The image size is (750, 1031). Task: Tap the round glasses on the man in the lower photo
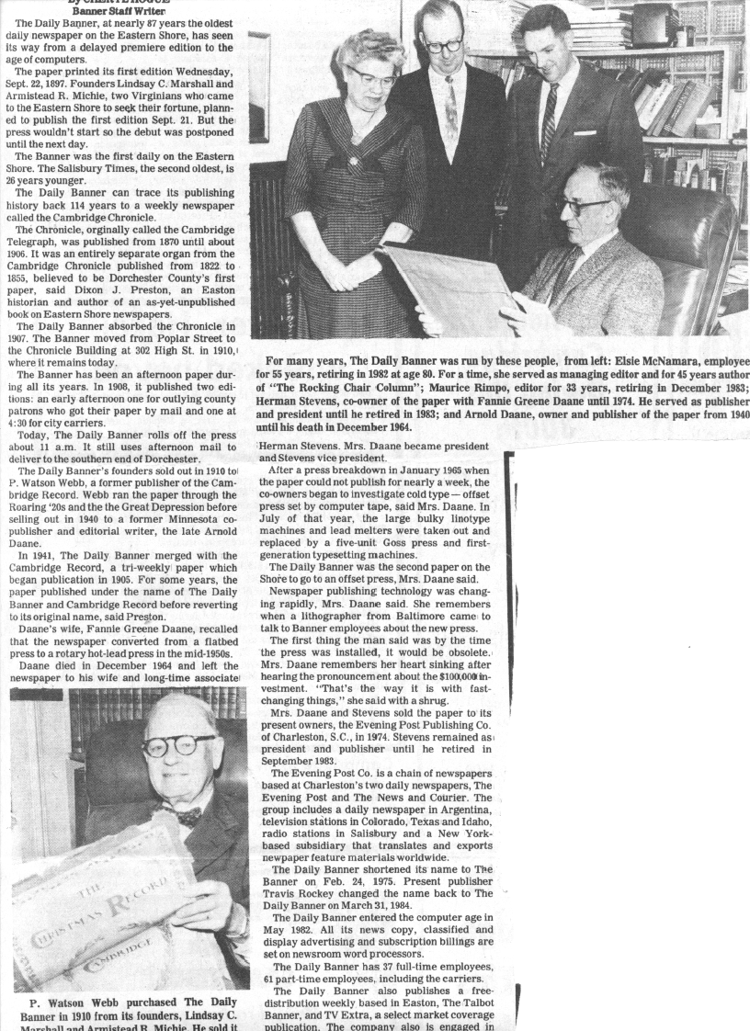tap(178, 744)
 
